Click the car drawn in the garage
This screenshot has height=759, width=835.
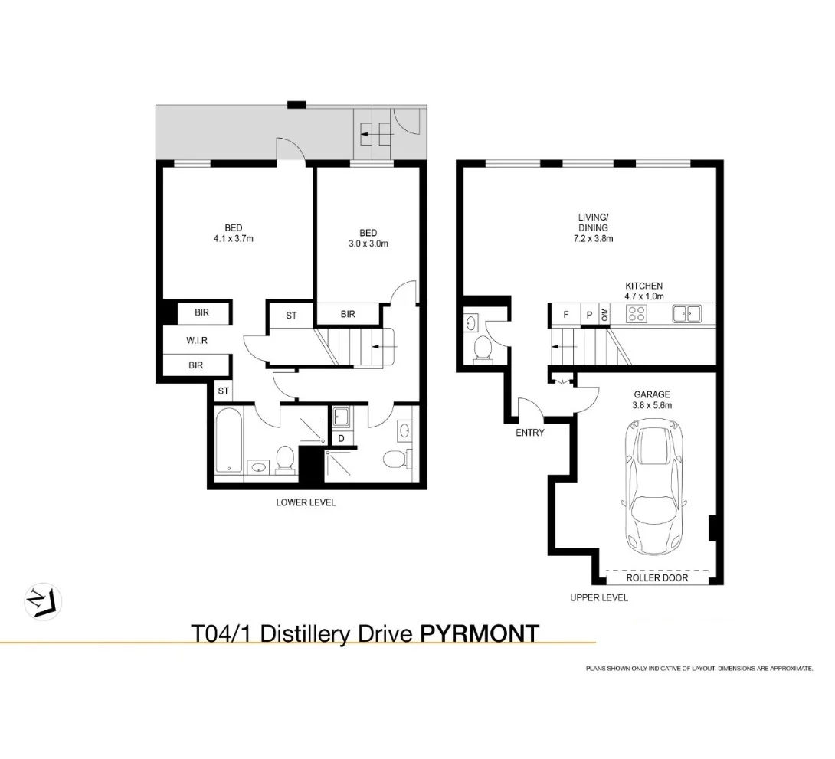click(x=654, y=486)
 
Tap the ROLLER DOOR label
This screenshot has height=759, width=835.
click(x=657, y=578)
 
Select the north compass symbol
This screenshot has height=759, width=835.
click(x=43, y=603)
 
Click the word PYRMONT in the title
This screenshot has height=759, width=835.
click(x=480, y=634)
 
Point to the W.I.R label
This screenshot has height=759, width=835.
click(x=197, y=340)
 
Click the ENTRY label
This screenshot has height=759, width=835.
click(x=530, y=433)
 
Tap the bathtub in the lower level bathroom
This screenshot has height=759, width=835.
click(x=230, y=440)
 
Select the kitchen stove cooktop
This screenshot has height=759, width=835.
click(x=637, y=313)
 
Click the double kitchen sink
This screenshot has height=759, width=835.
click(x=686, y=313)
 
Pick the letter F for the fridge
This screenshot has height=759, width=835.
click(x=566, y=315)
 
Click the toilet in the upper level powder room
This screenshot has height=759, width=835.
click(x=483, y=348)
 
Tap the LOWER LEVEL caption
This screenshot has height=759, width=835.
click(x=306, y=502)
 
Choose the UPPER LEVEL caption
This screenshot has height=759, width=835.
click(x=599, y=597)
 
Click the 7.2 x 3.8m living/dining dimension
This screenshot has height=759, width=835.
click(x=593, y=238)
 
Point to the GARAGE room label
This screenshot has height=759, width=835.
click(x=652, y=394)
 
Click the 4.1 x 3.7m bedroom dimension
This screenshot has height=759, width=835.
click(x=233, y=238)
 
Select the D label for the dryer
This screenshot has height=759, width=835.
click(x=342, y=439)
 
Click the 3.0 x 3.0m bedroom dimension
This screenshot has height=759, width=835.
click(x=368, y=244)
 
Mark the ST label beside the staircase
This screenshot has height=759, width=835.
click(x=291, y=316)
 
